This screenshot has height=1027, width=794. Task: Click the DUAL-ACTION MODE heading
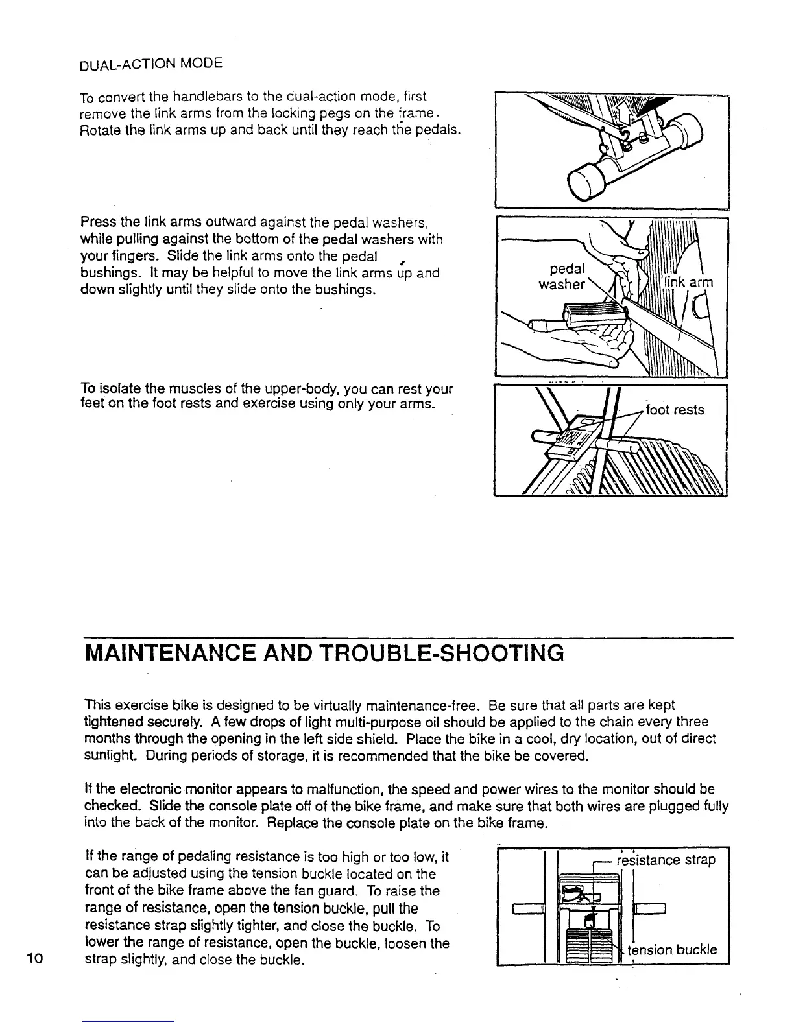[150, 64]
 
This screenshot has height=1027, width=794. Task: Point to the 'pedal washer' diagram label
[564, 276]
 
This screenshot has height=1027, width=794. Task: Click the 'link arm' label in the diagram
[689, 282]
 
